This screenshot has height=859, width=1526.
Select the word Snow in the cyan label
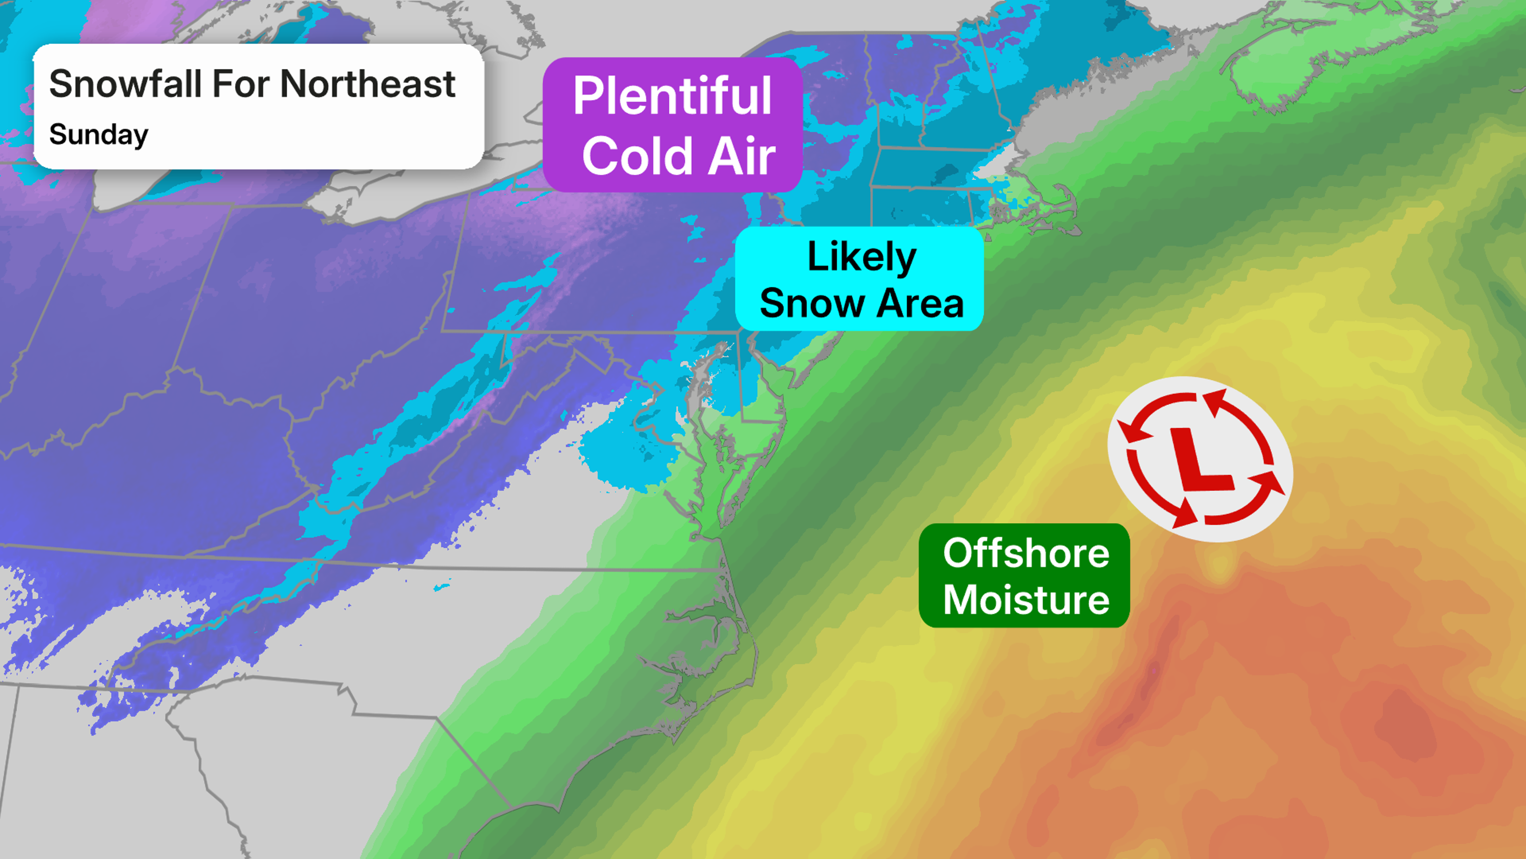811,303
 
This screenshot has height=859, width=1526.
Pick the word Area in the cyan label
920,303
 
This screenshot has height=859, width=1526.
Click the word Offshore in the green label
1025,553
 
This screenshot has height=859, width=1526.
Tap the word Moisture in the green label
1025,600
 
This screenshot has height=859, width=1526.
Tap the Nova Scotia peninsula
1303,77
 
